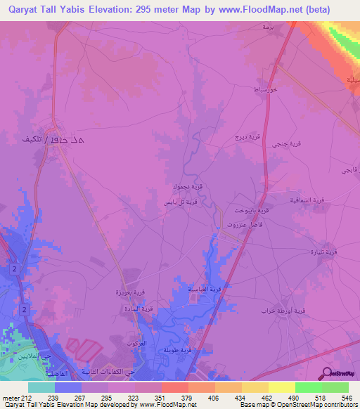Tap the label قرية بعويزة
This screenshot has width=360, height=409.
point(131,291)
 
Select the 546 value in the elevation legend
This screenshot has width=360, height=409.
point(347,397)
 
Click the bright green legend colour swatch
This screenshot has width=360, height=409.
point(308,387)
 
